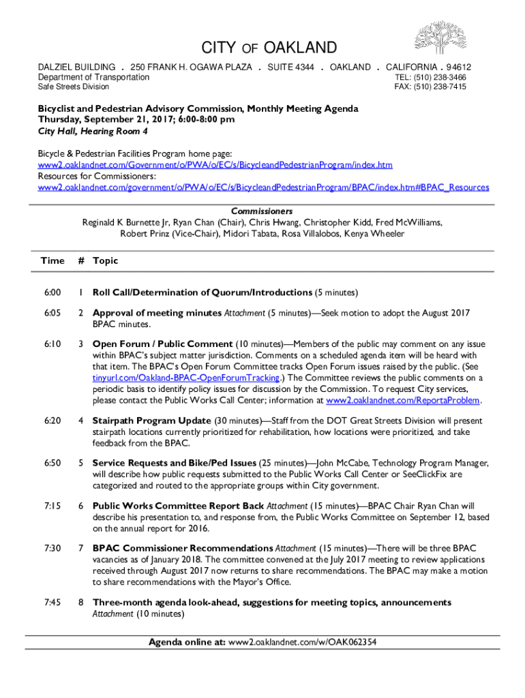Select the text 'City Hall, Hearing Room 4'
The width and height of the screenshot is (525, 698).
[85, 131]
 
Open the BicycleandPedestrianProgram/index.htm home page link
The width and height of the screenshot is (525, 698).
[215, 166]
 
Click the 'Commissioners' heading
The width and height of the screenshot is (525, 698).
[262, 211]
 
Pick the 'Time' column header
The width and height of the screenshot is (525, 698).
[52, 260]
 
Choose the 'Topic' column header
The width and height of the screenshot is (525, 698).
[105, 260]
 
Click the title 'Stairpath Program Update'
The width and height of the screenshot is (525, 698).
[152, 421]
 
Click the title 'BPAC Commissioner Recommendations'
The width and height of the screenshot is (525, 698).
[182, 549]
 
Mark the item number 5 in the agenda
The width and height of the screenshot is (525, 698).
[80, 463]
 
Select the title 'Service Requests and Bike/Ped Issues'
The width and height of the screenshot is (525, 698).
[175, 463]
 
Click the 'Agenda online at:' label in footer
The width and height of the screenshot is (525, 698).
[187, 642]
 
